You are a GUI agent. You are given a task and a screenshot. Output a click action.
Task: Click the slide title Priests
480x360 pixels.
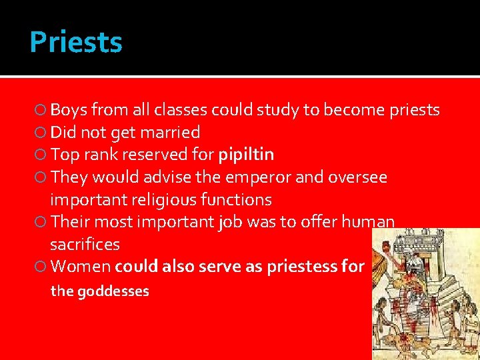[x=76, y=42]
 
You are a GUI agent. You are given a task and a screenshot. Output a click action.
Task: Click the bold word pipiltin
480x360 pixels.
[x=246, y=155]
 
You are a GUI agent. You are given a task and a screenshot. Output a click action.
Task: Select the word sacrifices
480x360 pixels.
[x=85, y=244]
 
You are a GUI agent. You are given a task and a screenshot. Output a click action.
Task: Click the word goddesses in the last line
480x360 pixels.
[x=113, y=291]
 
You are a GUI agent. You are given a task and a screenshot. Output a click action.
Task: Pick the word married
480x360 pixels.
[x=175, y=133]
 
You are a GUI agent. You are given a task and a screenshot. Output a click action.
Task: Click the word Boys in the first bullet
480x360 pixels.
[x=69, y=110]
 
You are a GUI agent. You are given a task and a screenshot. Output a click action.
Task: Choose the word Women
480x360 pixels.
[x=80, y=267]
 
